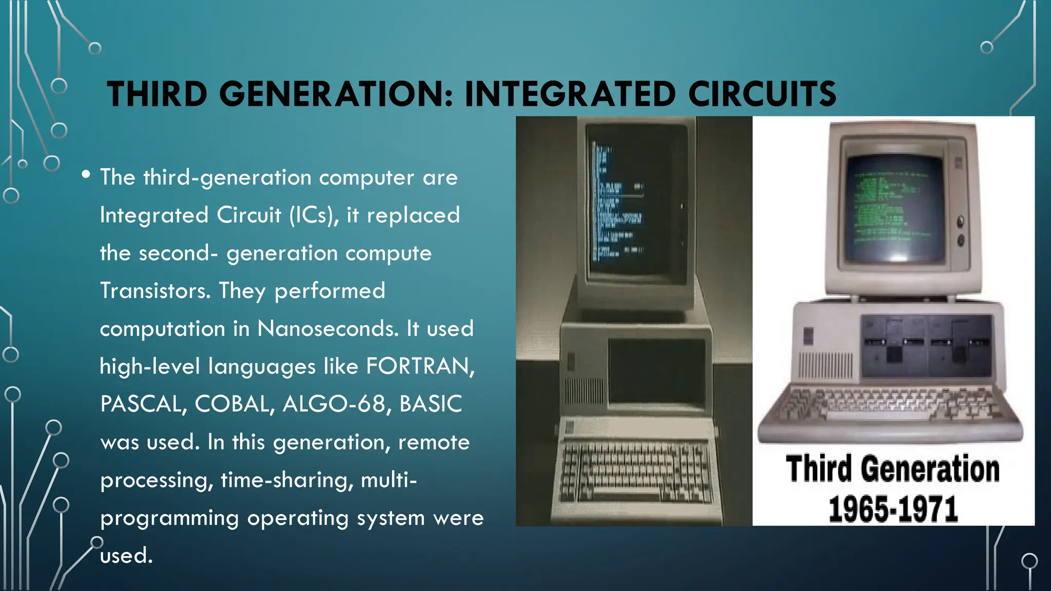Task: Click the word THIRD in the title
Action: pos(157,94)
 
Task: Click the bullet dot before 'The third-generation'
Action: pos(86,175)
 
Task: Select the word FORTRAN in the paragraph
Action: pos(420,366)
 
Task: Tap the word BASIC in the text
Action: pos(431,404)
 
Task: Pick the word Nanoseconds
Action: pos(327,328)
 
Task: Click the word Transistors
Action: pos(155,291)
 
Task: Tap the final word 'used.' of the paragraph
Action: pos(126,556)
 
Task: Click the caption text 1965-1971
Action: pos(893,509)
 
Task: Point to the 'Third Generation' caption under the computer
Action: pos(893,469)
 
